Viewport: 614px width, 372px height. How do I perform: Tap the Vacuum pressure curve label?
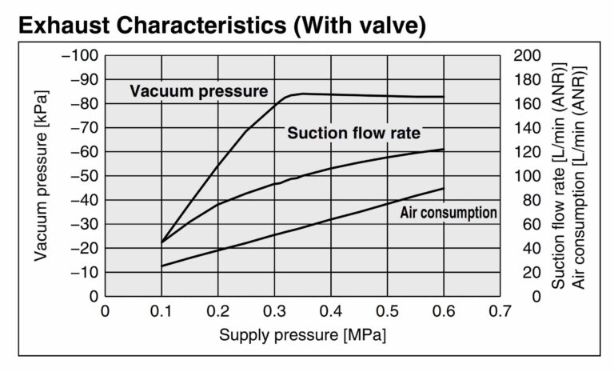[199, 91]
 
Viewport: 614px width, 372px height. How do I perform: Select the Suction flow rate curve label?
[353, 133]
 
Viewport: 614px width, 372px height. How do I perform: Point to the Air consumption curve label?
[449, 213]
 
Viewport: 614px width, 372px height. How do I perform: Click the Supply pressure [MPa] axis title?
[303, 334]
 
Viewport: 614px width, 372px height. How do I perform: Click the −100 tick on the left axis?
[78, 55]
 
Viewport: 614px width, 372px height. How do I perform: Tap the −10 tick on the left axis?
[82, 272]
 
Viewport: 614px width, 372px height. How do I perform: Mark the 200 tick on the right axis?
[528, 55]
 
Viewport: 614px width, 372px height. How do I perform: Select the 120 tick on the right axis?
[528, 152]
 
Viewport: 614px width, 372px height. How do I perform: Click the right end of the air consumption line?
[444, 189]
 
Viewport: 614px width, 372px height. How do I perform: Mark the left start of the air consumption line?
[161, 266]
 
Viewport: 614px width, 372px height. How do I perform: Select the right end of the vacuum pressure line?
[444, 97]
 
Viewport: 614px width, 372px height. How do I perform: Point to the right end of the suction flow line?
[444, 149]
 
